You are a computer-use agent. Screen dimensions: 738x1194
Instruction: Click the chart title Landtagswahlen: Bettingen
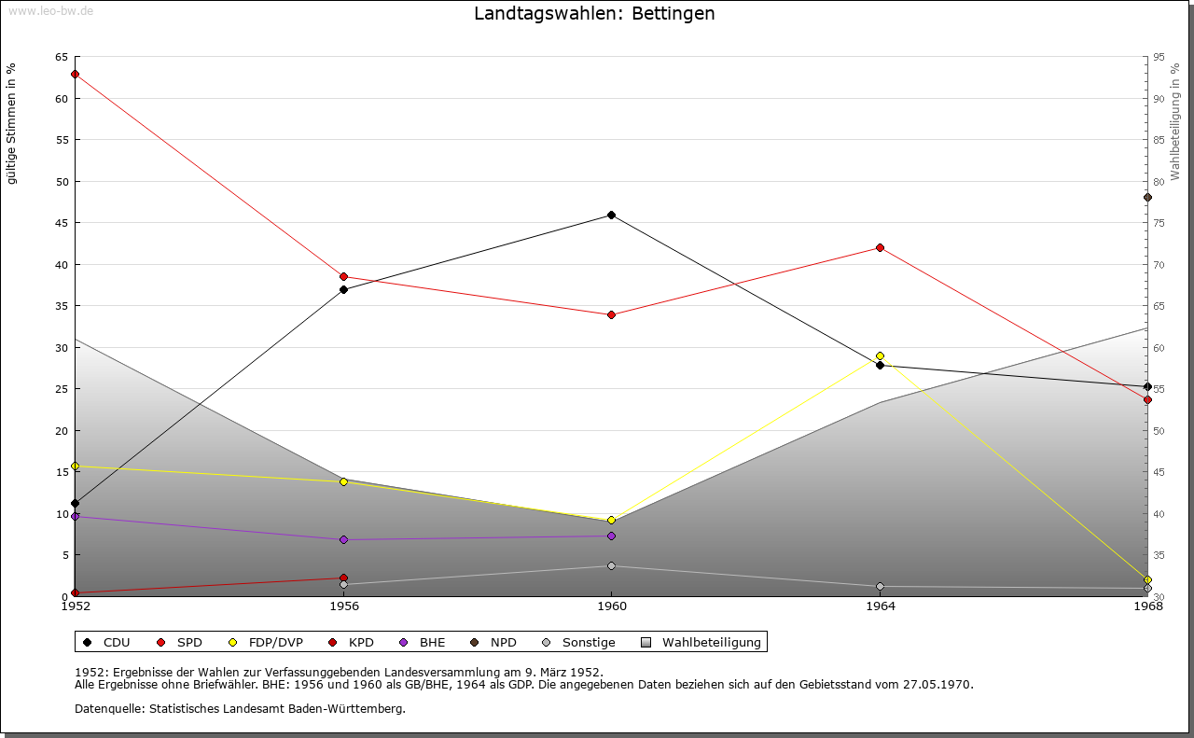coord(594,14)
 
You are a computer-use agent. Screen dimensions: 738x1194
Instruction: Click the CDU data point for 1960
coord(611,215)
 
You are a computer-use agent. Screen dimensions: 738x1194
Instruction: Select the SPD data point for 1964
coord(880,247)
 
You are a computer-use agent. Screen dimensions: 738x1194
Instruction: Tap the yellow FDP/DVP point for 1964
coord(880,355)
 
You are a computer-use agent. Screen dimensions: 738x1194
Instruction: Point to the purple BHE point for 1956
coord(343,539)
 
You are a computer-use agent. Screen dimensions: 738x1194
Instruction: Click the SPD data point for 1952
coord(75,74)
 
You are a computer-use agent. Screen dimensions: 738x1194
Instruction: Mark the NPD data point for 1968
coord(1147,197)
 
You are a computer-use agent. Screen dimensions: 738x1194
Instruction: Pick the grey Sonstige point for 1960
coord(611,565)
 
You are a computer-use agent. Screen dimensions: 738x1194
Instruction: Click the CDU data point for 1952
coord(75,503)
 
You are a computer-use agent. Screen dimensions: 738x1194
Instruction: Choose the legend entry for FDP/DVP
coord(266,642)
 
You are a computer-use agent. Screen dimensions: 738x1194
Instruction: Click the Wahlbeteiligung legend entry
coord(702,642)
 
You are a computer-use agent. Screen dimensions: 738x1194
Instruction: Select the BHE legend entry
coord(423,642)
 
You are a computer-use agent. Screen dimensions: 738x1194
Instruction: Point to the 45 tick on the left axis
coord(62,223)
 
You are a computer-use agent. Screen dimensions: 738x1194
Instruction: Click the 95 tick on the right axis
coord(1159,57)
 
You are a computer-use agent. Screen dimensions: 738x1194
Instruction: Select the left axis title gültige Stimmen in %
coord(12,123)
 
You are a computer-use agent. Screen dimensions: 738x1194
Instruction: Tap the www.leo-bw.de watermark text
coord(49,9)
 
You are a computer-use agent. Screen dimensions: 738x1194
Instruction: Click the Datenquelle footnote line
coord(240,708)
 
